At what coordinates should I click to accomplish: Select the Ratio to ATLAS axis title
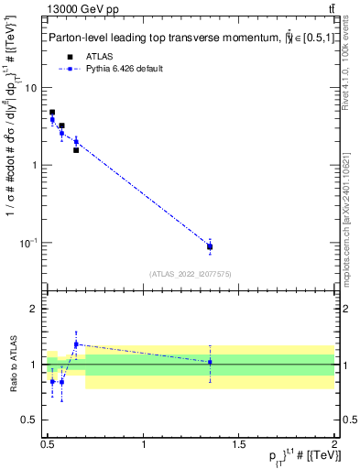(x=13, y=365)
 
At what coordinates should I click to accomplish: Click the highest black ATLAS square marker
(x=52, y=113)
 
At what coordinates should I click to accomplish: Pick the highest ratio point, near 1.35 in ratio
(x=76, y=344)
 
